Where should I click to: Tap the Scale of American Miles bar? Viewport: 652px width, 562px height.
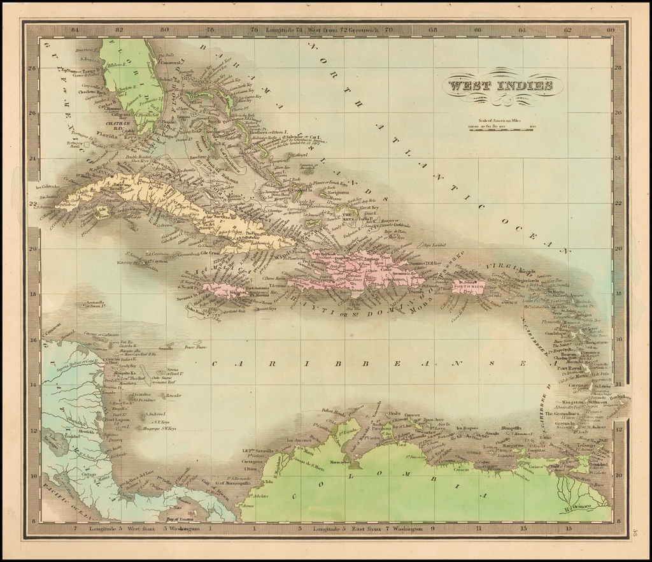[499, 127]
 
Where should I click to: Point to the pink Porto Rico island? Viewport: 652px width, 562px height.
[468, 287]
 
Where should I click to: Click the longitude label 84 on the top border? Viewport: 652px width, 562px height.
[74, 29]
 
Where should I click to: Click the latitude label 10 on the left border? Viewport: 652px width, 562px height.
[32, 475]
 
